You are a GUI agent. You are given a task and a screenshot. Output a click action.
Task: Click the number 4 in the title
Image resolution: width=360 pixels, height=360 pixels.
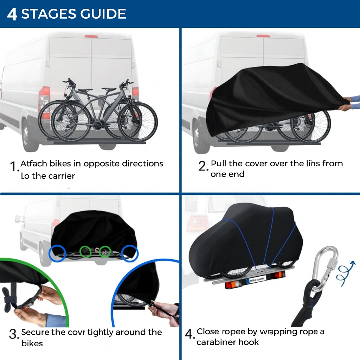pyautogui.click(x=12, y=14)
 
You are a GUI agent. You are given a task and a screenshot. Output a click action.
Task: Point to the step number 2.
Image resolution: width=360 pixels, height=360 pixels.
pyautogui.click(x=203, y=166)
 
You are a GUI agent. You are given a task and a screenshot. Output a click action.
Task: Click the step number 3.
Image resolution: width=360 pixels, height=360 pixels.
pyautogui.click(x=13, y=334)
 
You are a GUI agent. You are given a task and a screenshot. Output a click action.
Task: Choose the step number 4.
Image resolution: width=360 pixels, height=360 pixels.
pyautogui.click(x=189, y=334)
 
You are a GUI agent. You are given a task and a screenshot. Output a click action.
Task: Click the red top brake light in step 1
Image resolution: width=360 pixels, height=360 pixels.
pyautogui.click(x=91, y=36)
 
